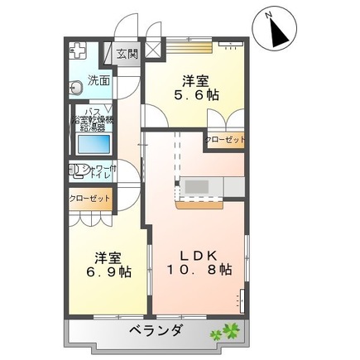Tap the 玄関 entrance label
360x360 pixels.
pos(127,55)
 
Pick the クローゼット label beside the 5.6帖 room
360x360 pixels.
pos(226,141)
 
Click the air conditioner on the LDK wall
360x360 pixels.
pos(242,297)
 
